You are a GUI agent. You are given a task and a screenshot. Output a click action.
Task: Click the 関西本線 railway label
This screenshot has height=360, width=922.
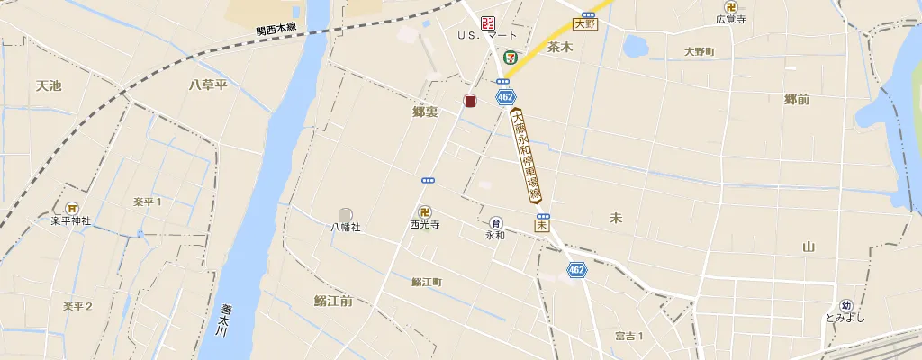click(276, 29)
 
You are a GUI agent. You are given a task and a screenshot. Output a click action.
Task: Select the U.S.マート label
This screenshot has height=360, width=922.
click(487, 35)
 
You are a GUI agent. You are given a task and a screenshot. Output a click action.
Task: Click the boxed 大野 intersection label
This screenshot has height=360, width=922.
click(585, 24)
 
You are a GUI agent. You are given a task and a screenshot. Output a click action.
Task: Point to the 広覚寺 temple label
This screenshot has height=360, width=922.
click(730, 19)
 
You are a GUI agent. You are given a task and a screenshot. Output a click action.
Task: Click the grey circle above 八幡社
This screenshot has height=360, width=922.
click(346, 213)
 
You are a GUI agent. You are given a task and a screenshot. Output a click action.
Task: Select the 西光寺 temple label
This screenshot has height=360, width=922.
click(424, 225)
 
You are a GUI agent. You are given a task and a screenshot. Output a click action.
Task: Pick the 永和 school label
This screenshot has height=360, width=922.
click(495, 235)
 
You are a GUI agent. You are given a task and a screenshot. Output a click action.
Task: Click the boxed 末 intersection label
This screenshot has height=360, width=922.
click(542, 226)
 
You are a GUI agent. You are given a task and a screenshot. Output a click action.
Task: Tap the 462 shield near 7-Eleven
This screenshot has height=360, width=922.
click(505, 95)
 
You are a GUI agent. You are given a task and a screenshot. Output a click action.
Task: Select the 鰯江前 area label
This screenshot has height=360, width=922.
click(333, 301)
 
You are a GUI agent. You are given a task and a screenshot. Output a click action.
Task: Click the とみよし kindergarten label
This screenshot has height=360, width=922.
click(845, 318)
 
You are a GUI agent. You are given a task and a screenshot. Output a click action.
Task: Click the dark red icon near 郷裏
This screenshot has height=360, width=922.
click(470, 101)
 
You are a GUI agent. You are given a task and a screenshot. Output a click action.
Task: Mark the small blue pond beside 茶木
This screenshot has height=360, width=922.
click(636, 45)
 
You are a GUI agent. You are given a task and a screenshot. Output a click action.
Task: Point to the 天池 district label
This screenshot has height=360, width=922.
click(49, 85)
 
